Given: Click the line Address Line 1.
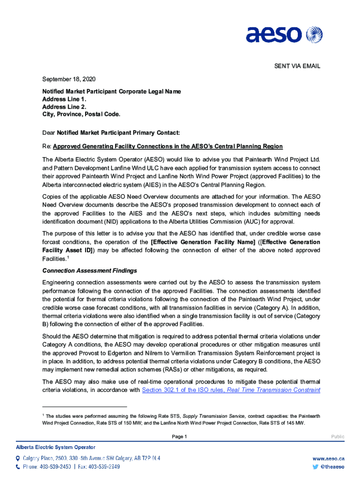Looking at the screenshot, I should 64,99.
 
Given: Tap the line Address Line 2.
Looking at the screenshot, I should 64,107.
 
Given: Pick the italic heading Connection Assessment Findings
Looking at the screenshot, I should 90,270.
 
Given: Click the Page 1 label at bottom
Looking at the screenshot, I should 180,436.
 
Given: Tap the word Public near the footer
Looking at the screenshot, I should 338,436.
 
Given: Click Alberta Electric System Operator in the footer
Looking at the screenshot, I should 56,447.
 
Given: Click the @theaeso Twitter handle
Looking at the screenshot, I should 333,467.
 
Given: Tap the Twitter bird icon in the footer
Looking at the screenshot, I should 316,467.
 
